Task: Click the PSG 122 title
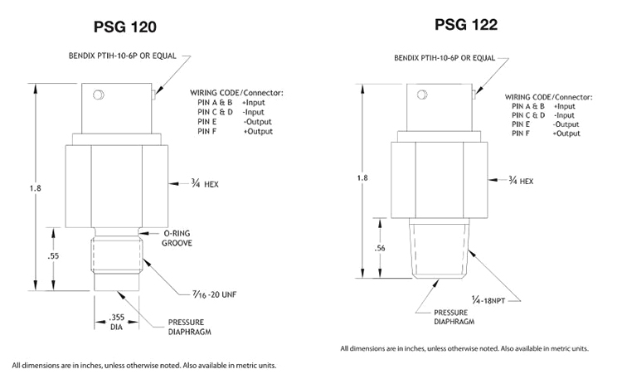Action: tap(465, 25)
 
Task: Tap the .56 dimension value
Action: tap(381, 247)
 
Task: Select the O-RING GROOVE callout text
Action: tap(178, 240)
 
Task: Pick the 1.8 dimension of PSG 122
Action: tap(362, 177)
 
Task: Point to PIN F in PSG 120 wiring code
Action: tap(208, 132)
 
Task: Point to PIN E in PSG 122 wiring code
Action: tap(522, 124)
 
